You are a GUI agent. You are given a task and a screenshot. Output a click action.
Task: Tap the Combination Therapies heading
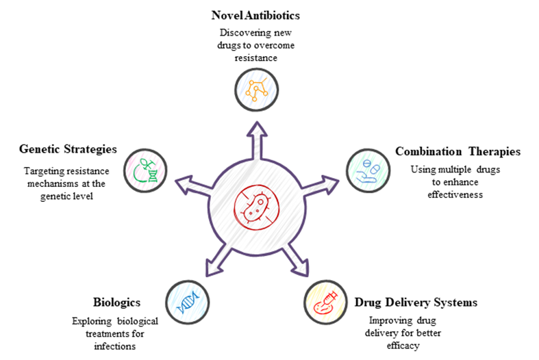[x=457, y=151]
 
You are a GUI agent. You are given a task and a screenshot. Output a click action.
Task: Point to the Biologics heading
[x=116, y=302]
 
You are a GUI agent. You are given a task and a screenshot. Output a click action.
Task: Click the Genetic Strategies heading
[x=68, y=149]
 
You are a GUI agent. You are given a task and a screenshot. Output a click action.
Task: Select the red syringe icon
[x=326, y=302]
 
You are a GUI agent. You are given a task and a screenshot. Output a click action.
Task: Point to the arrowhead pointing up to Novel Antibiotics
[x=258, y=132]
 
